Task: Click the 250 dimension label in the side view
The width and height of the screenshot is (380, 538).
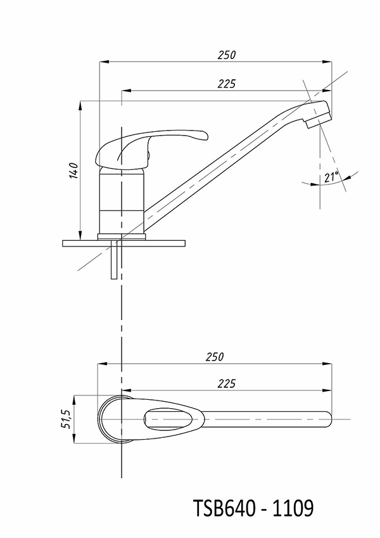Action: click(227, 55)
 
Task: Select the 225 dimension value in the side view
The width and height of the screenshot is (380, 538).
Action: click(227, 84)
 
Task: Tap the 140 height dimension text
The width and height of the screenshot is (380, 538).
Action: click(73, 170)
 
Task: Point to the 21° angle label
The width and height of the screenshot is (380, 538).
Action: click(331, 177)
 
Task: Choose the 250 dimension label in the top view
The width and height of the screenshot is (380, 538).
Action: click(215, 357)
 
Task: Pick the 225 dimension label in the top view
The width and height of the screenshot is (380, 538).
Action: click(227, 383)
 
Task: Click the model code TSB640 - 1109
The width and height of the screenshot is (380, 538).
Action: click(253, 508)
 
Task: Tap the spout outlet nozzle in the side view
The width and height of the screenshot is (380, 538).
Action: click(319, 121)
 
